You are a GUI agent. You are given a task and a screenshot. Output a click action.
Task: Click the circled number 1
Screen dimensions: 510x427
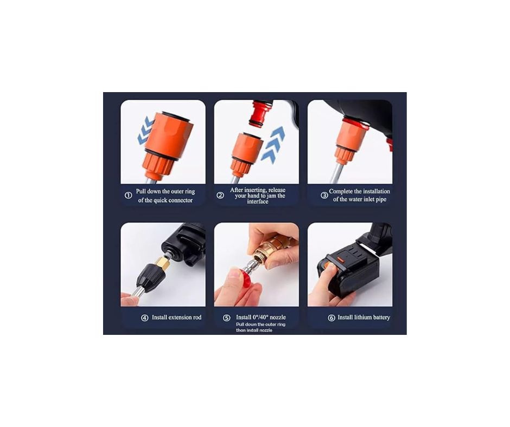(x=129, y=195)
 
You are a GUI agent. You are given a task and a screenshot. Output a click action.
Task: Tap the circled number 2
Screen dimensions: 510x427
(x=220, y=195)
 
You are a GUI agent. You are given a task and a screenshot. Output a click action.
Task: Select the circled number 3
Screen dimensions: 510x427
(x=324, y=195)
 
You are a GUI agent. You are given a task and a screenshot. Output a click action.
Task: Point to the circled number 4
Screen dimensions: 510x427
(x=145, y=318)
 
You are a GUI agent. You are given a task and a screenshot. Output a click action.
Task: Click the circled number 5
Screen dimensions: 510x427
(x=227, y=318)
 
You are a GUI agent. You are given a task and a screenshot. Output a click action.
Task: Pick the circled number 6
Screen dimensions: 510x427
(x=331, y=318)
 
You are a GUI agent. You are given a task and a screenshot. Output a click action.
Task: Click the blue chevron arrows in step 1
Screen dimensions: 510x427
(x=145, y=130)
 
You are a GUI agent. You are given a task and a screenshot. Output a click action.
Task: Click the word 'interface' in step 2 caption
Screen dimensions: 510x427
(x=258, y=202)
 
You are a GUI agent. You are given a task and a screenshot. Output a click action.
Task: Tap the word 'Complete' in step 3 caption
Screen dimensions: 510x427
(x=341, y=191)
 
